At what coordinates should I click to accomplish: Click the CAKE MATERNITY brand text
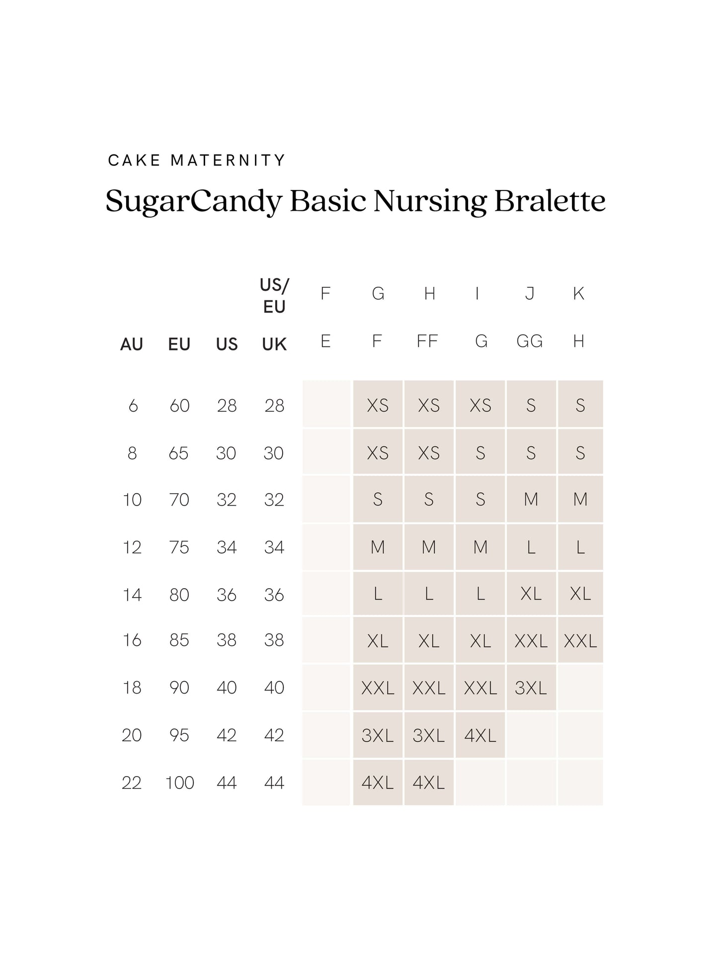[x=196, y=160]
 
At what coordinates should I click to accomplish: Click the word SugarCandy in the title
[x=194, y=201]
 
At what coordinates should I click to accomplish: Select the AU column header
[x=132, y=344]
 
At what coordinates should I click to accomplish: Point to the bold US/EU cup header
[x=274, y=296]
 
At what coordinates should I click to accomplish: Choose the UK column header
[x=274, y=344]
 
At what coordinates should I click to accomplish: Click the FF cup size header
[x=427, y=341]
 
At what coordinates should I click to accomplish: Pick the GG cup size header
[x=530, y=341]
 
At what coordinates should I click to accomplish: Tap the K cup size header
[x=578, y=293]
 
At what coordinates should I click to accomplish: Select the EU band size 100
[x=179, y=783]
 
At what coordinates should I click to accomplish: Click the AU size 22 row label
[x=132, y=783]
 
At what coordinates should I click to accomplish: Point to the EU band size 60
[x=179, y=406]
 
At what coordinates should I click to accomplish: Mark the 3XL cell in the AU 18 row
[x=531, y=688]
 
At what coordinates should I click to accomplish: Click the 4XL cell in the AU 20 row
[x=480, y=735]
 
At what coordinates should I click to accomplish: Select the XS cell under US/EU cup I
[x=480, y=406]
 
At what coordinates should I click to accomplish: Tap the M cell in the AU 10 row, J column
[x=531, y=499]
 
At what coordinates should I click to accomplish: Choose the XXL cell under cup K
[x=580, y=641]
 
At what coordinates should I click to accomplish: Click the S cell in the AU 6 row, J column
[x=531, y=406]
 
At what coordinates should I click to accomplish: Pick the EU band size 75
[x=179, y=547]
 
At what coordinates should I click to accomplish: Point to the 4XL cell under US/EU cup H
[x=429, y=783]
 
